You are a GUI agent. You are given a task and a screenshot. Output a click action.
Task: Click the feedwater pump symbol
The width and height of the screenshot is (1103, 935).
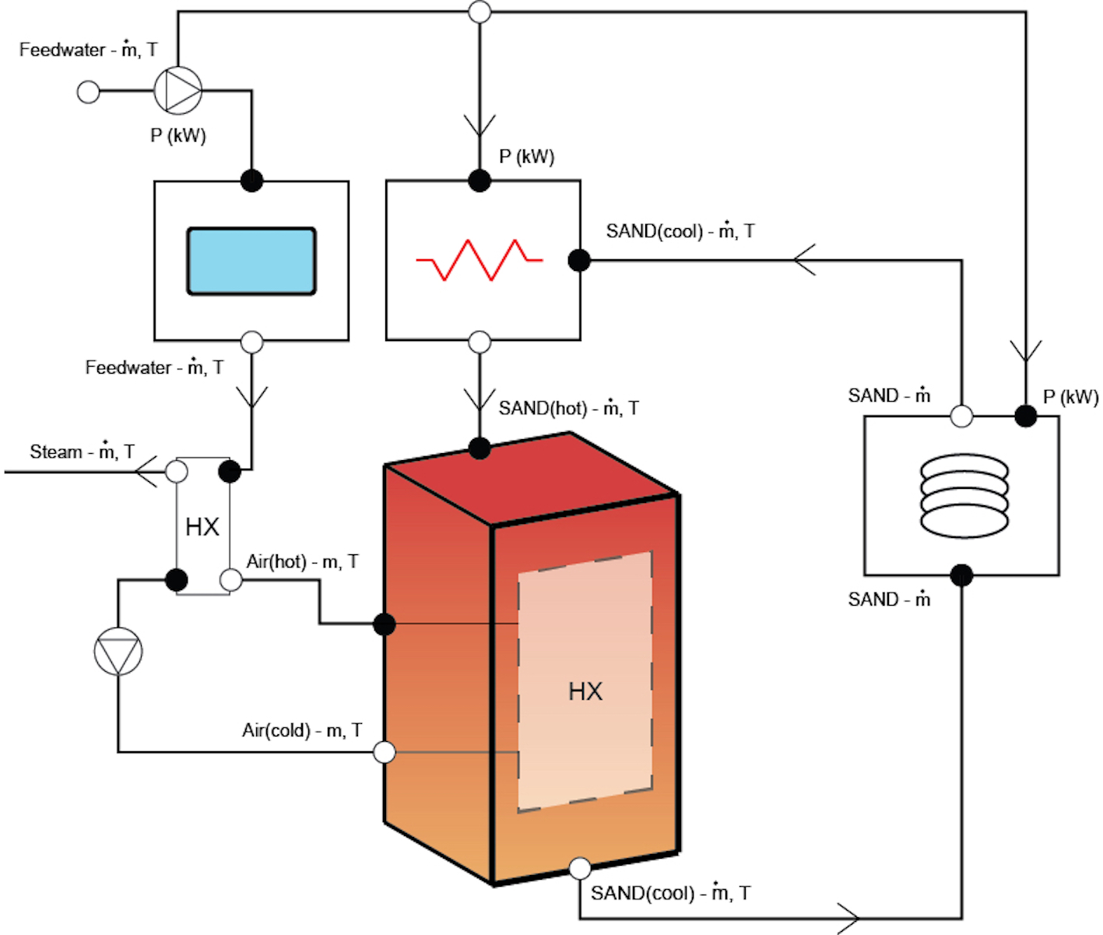point(178,90)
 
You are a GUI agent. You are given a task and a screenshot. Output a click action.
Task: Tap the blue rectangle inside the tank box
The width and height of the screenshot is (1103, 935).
point(251,261)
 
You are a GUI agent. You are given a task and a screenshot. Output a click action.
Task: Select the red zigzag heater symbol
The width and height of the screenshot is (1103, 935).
point(479,260)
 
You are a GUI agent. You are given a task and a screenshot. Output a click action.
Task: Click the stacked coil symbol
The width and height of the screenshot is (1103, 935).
point(964,496)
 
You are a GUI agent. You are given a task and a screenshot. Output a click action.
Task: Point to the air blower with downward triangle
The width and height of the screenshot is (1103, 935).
point(118,652)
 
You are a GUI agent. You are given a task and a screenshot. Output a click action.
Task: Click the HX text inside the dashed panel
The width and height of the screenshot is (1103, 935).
point(585,691)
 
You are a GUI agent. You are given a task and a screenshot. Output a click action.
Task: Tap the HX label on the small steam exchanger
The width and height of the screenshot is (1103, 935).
point(202,527)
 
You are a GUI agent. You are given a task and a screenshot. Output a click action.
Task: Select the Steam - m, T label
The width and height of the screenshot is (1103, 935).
point(82,452)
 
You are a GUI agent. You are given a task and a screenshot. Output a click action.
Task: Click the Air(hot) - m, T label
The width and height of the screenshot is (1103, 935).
point(302,561)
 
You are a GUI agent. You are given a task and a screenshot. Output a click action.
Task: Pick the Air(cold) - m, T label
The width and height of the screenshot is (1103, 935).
point(302,730)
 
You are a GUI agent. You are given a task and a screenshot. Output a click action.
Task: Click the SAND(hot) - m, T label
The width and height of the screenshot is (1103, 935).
point(568,408)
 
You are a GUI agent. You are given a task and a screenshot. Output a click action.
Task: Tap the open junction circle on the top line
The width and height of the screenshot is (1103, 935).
point(480,12)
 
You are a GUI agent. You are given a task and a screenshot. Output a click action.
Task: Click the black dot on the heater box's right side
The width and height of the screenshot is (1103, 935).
point(579,260)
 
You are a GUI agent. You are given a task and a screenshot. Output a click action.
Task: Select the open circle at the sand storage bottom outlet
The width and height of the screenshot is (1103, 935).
point(580,868)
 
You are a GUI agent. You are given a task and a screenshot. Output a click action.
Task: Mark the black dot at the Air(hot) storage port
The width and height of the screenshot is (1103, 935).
point(385,624)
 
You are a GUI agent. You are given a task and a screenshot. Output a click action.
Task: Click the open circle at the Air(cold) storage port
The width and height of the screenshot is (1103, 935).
point(385,752)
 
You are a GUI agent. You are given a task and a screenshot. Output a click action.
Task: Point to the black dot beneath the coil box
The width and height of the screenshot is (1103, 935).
point(962,575)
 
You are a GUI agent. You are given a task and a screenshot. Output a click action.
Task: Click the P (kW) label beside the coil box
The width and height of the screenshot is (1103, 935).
point(1070,397)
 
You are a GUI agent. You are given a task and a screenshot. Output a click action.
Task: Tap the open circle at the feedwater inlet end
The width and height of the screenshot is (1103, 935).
point(89,92)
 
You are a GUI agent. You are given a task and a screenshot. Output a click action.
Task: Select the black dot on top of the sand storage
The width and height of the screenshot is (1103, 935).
point(479,448)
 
